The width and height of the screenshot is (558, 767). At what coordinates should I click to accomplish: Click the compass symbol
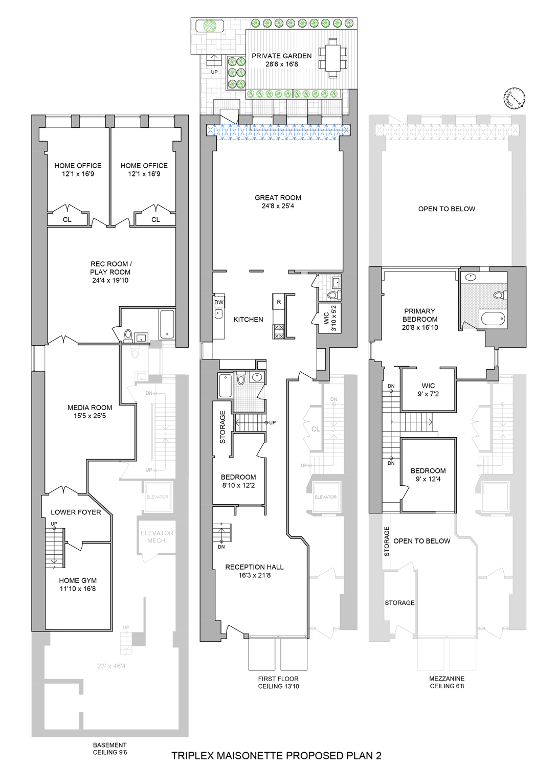coord(514,99)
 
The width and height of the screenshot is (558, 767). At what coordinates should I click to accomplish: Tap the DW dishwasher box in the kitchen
coord(219,302)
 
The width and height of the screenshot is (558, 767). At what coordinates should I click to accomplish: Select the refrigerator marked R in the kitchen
coord(279,302)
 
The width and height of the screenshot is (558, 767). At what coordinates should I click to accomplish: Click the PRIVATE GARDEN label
coord(281,56)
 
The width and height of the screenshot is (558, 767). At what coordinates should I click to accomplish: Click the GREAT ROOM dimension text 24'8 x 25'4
coord(278,206)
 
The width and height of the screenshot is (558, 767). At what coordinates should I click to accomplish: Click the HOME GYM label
coord(78,580)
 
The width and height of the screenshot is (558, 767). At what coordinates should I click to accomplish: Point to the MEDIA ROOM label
coord(90,408)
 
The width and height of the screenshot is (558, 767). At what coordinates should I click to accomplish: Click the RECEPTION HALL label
coord(254,567)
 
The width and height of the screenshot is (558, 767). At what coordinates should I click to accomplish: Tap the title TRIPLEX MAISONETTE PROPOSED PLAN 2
coord(276,756)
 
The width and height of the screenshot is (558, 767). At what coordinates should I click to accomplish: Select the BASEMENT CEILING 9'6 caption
coord(110,749)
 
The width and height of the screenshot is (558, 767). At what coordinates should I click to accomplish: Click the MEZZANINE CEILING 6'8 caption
coord(447,682)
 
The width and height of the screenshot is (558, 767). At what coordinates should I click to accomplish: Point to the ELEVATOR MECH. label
coord(157,537)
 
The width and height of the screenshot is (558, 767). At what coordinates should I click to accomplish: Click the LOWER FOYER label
coord(76,512)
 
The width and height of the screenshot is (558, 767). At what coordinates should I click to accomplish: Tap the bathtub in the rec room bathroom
coord(167,323)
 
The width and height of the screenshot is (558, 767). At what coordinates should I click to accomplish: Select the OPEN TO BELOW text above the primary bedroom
coord(447,209)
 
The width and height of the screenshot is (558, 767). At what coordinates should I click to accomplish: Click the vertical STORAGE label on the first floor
coord(222,427)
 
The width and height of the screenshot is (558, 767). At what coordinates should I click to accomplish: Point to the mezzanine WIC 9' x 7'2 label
coord(428,390)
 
